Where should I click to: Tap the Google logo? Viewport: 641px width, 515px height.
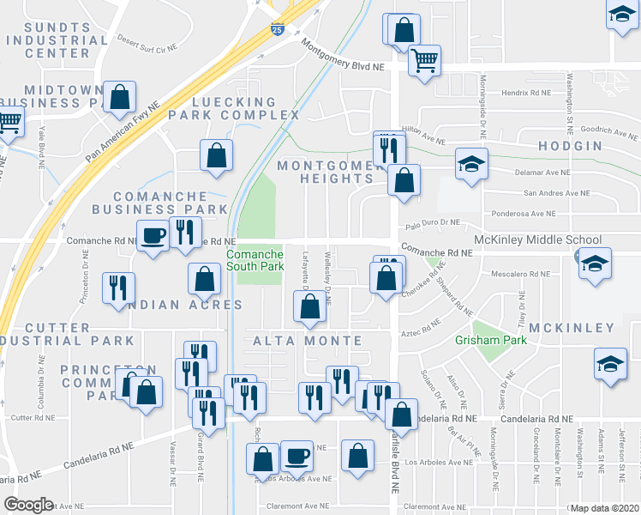(x=28, y=505)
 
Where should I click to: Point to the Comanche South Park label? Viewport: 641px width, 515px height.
(x=255, y=261)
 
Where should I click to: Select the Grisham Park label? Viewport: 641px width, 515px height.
(x=496, y=339)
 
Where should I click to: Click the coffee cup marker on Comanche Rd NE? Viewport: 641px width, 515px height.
(x=153, y=235)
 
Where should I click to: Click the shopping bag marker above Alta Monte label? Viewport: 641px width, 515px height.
(x=309, y=306)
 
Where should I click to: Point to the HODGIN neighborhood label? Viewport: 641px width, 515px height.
(x=570, y=147)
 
